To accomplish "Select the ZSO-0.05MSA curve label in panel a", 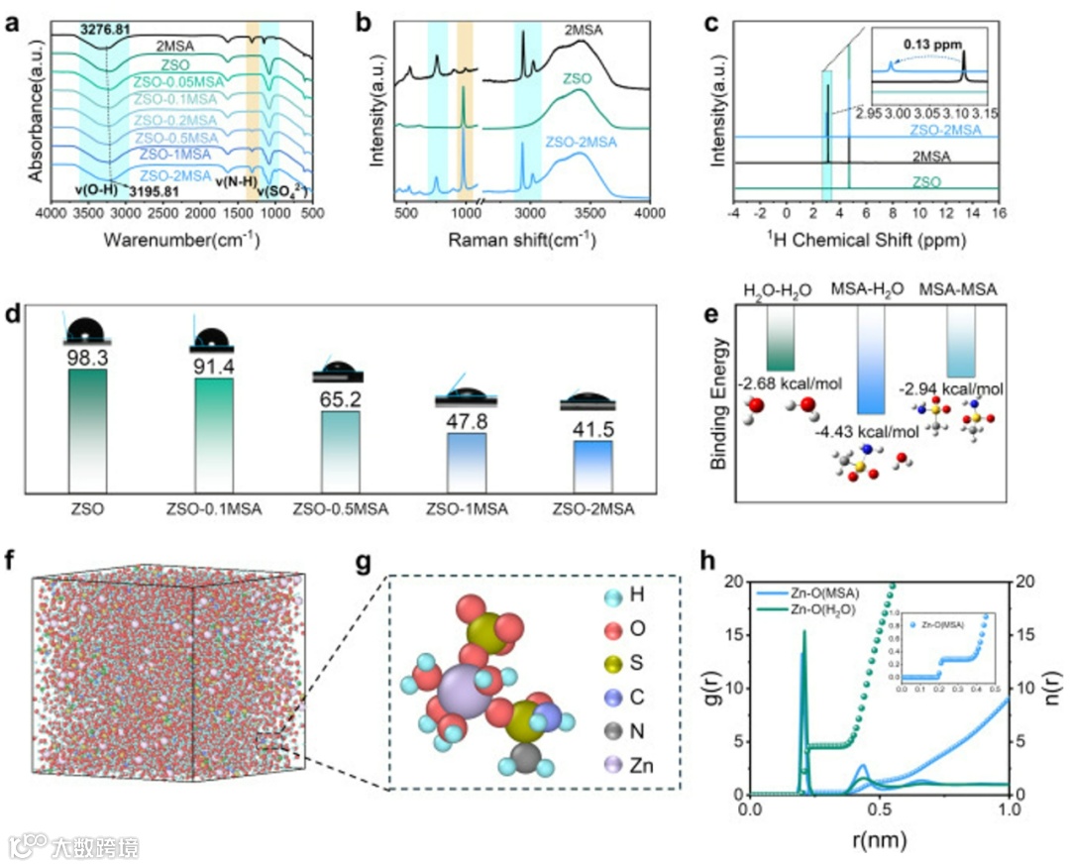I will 177,82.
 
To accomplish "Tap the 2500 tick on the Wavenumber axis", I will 162,214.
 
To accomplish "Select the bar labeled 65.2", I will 338,451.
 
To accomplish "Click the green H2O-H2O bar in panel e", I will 782,341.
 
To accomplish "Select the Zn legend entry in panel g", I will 638,766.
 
